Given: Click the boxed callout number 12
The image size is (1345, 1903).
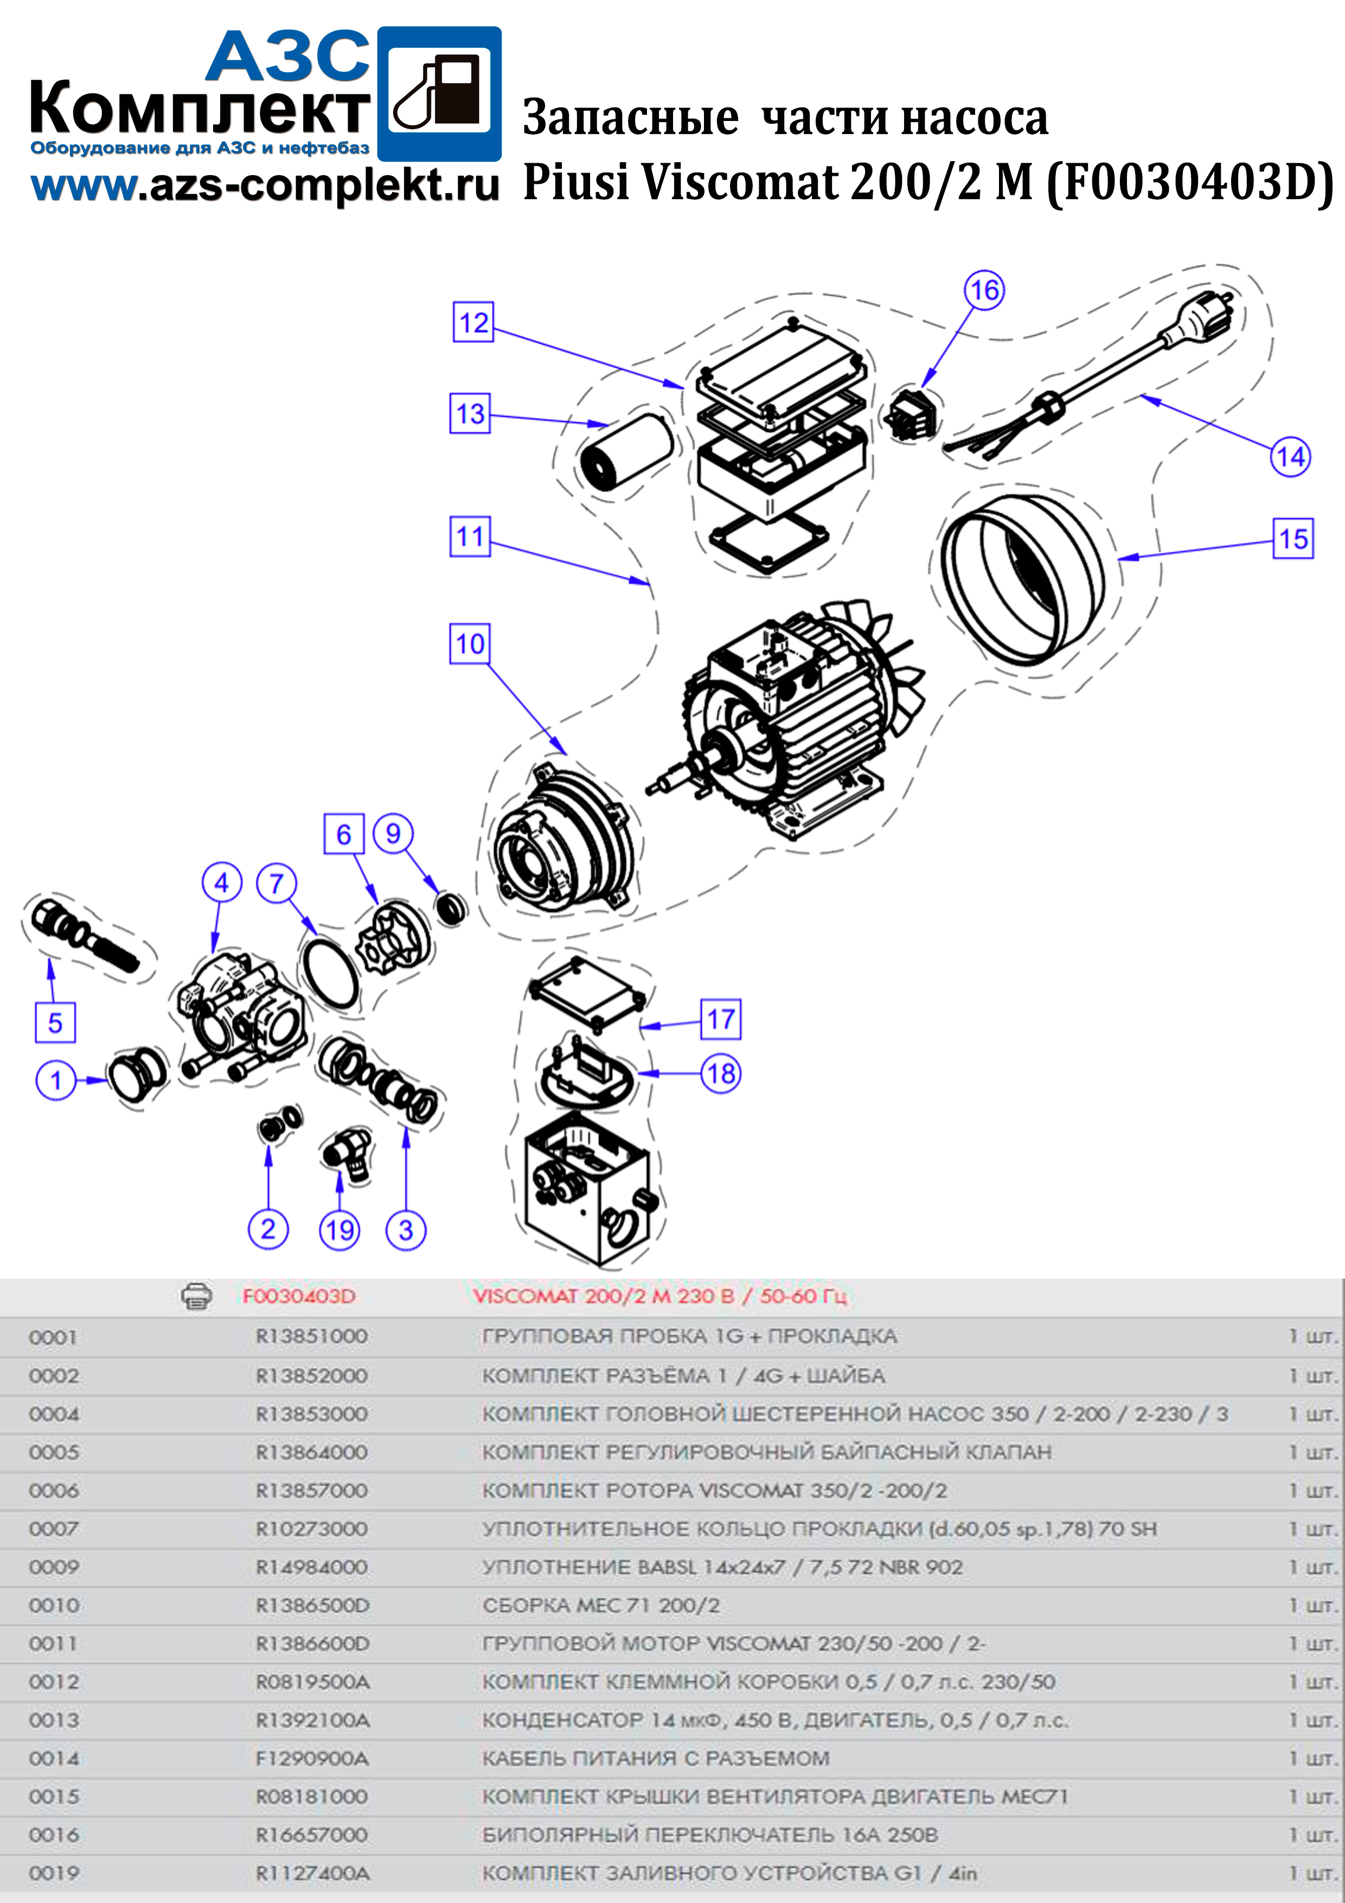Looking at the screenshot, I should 473,322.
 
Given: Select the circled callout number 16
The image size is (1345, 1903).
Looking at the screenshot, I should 984,290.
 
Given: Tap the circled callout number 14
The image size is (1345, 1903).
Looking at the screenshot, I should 1290,457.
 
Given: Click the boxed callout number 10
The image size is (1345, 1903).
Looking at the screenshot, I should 470,644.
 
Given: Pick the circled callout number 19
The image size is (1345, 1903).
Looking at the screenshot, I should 340,1230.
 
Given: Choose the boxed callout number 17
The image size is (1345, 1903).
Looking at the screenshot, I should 721,1019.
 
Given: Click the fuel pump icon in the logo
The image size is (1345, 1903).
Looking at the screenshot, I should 440,94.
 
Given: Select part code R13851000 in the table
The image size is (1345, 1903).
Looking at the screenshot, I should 312,1336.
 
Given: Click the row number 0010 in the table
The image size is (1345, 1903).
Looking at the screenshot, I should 54,1605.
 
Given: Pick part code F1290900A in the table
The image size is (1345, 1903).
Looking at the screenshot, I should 312,1758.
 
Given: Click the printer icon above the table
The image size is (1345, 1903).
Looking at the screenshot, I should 196,1295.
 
